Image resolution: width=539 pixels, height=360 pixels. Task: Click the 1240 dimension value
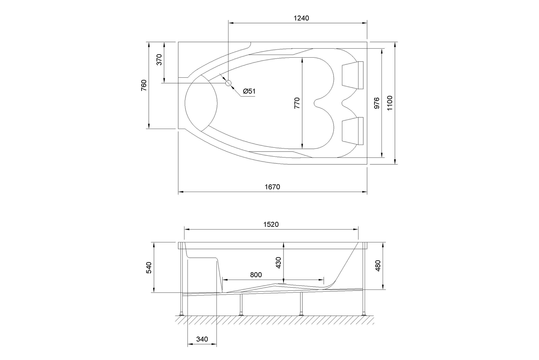click(301, 18)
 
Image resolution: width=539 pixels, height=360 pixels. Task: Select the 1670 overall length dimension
click(272, 187)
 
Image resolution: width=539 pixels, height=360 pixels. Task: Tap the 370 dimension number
click(159, 59)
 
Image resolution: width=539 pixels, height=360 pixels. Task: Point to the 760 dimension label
click(144, 85)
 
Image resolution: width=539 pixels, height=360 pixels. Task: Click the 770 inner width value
click(297, 103)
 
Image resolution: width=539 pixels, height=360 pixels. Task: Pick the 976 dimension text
click(377, 103)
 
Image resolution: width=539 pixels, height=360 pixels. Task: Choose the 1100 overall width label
click(390, 103)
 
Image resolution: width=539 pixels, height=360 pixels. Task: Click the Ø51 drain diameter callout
click(249, 91)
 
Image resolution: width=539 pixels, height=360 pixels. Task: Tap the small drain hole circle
click(228, 83)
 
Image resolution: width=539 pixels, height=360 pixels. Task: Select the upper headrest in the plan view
click(353, 75)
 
